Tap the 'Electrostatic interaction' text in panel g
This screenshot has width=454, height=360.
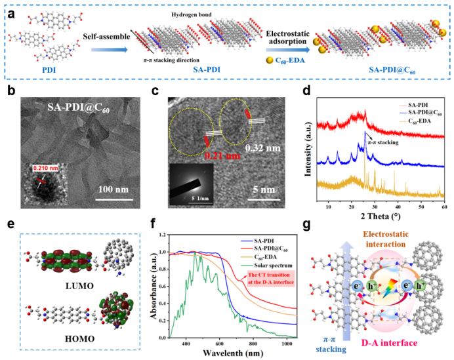tap(389, 235)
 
